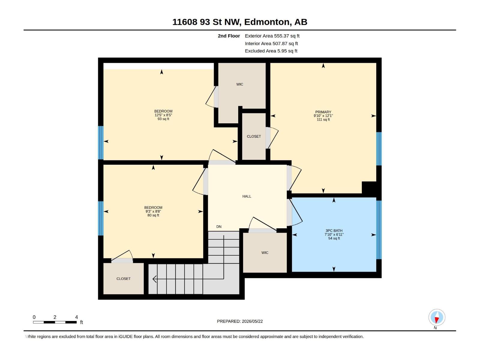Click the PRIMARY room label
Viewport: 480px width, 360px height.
323,112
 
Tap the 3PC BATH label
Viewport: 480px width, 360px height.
334,231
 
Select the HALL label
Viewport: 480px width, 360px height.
247,196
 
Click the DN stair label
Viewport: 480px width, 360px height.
219,227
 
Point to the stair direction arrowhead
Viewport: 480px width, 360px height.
154,279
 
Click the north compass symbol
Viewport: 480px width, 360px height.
437,317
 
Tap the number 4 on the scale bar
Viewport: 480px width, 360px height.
76,317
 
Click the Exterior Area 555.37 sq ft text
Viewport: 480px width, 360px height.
272,36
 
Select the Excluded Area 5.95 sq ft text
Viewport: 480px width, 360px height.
271,51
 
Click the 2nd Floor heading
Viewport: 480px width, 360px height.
229,36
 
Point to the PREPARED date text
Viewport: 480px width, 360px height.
240,321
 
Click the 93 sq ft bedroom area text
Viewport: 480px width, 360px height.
163,119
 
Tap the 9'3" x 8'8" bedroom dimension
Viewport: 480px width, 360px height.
153,211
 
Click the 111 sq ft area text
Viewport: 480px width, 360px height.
323,120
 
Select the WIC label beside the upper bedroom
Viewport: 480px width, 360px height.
240,84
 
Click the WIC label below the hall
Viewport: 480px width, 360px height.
265,253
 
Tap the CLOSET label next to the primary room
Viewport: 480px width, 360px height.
254,136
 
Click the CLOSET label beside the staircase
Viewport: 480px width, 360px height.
123,279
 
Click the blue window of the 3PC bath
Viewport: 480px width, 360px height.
379,230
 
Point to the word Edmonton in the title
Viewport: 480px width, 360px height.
267,22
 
